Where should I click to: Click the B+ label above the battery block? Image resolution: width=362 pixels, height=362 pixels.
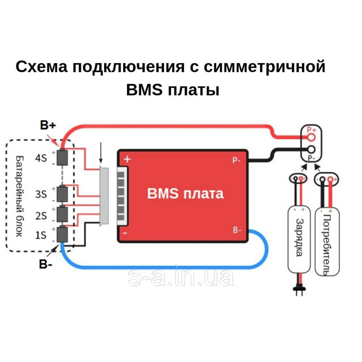pos(48,125)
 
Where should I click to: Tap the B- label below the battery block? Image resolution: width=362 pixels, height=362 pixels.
pos(46,265)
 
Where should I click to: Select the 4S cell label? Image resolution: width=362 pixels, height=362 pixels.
pos(41,158)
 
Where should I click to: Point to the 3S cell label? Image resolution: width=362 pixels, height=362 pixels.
pos(41,194)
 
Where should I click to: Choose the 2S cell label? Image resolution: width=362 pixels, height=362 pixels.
pos(41,216)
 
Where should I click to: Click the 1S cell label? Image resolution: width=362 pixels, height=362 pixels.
pos(41,235)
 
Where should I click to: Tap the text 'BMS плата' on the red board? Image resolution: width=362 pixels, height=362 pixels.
pos(185,193)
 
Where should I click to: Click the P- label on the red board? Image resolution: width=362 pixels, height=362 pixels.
pos(237,160)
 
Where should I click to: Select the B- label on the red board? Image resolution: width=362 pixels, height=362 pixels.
pos(237,230)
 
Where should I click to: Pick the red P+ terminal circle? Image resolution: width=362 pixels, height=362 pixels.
pos(311,138)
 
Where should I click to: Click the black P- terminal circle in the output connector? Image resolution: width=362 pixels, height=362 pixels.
pos(311,150)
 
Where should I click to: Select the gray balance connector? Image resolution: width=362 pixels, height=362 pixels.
pos(104,196)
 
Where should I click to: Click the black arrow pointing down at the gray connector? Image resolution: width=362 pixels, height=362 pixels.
pos(101,154)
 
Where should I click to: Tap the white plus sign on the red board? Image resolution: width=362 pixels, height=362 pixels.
pos(128,159)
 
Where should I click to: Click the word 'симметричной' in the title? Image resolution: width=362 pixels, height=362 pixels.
pos(265,67)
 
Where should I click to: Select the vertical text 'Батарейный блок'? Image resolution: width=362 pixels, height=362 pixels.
pos(19,196)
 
